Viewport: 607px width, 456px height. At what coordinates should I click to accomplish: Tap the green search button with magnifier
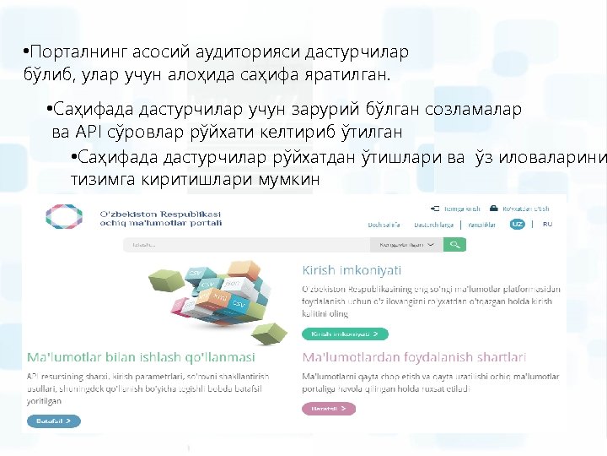pyautogui.click(x=455, y=245)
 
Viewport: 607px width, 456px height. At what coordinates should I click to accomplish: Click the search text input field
pyautogui.click(x=244, y=245)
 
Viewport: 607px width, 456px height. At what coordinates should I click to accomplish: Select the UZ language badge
pyautogui.click(x=518, y=225)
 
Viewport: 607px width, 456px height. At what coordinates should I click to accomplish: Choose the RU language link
pyautogui.click(x=547, y=225)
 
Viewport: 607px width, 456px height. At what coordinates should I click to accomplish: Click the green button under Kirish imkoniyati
pyautogui.click(x=345, y=334)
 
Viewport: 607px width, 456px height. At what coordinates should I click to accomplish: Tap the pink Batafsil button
pyautogui.click(x=328, y=409)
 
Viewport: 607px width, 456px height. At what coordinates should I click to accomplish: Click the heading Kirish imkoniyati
pyautogui.click(x=352, y=270)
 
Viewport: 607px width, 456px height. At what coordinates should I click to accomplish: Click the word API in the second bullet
pyautogui.click(x=88, y=132)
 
